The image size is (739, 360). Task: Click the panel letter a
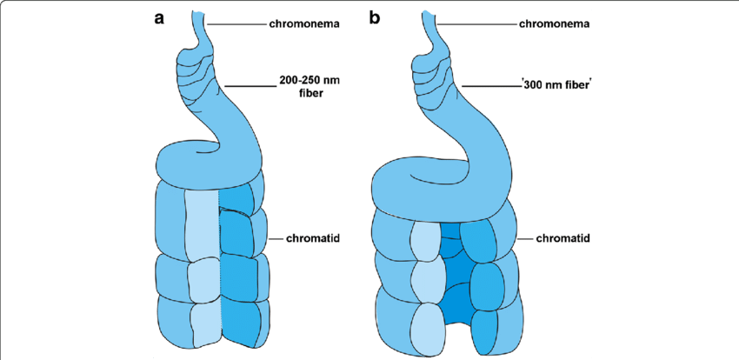click(160, 18)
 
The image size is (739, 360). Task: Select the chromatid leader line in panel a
click(270, 237)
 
